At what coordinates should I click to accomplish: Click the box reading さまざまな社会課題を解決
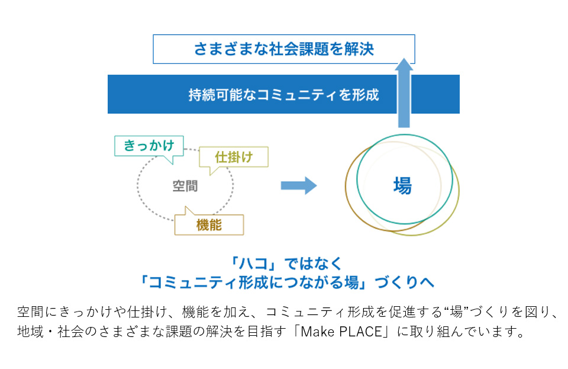pos(283,49)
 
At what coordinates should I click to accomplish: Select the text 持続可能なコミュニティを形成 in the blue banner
pos(283,95)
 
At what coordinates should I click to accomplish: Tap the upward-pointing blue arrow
pos(404,93)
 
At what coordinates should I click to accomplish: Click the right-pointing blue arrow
pos(298,185)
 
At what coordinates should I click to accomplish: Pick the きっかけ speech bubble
pos(149,146)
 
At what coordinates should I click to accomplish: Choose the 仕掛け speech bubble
pos(234,158)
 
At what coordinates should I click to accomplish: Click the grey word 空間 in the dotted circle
pos(185,186)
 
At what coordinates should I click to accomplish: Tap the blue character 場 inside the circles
pos(402,185)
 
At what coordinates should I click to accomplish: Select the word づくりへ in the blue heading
pos(404,283)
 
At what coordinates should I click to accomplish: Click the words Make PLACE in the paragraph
pos(341,331)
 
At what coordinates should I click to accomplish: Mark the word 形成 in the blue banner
pos(365,95)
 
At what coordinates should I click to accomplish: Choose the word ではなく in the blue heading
pos(313,264)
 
